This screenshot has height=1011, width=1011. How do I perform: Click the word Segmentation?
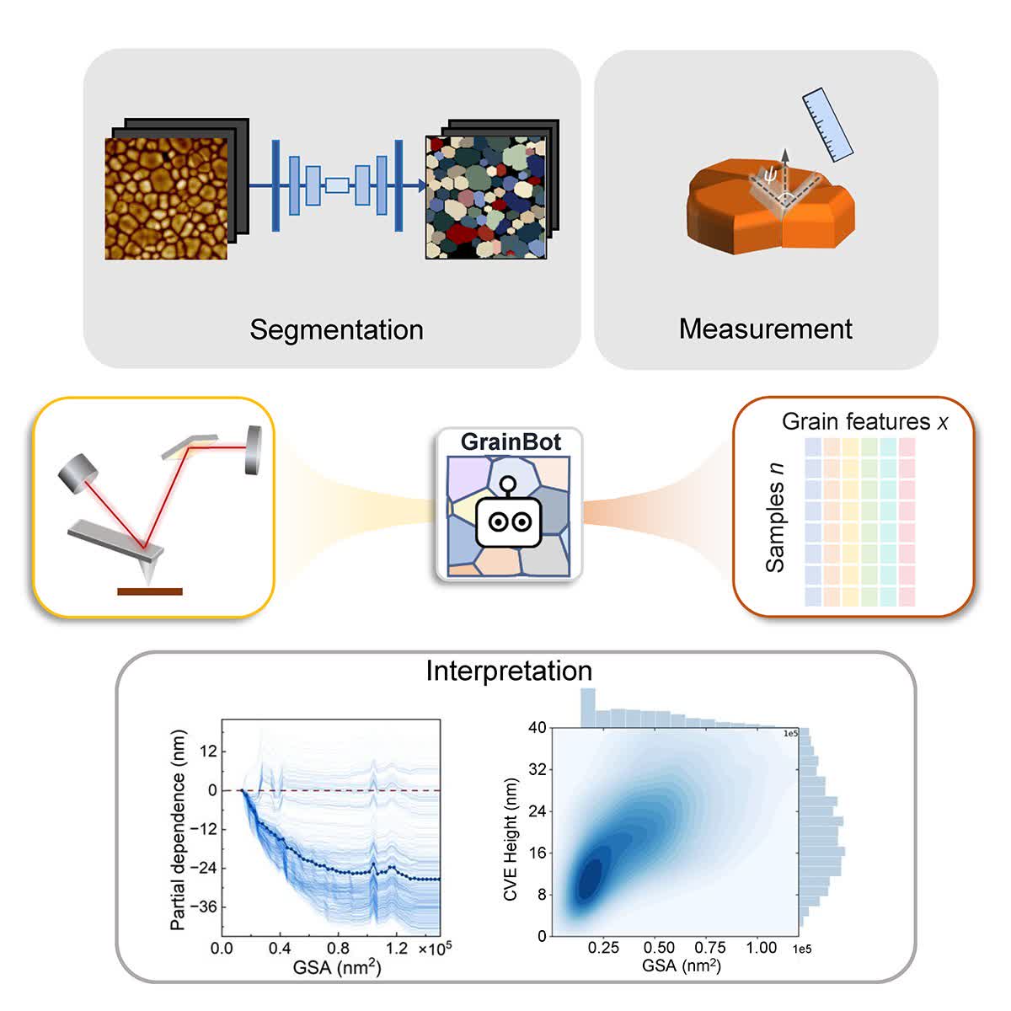pyautogui.click(x=336, y=329)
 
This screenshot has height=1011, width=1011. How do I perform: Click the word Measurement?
pyautogui.click(x=765, y=329)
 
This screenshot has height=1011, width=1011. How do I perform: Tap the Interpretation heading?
pyautogui.click(x=509, y=671)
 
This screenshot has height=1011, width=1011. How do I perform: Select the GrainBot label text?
pyautogui.click(x=511, y=441)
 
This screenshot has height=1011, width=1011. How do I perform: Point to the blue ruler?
pyautogui.click(x=828, y=125)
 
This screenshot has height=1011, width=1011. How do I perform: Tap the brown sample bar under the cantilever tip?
pyautogui.click(x=149, y=591)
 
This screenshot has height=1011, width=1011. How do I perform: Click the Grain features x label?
pyautogui.click(x=864, y=421)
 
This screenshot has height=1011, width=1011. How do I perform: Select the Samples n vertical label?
pyautogui.click(x=775, y=517)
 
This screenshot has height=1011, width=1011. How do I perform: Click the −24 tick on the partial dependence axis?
pyautogui.click(x=202, y=868)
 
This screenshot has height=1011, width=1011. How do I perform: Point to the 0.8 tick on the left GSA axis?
pyautogui.click(x=338, y=948)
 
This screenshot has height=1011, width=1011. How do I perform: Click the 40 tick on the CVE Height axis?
pyautogui.click(x=537, y=728)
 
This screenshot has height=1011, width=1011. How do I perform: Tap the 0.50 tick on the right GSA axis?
pyautogui.click(x=659, y=948)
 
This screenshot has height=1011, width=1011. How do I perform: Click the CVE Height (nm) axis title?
pyautogui.click(x=511, y=839)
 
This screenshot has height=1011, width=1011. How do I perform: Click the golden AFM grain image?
pyautogui.click(x=166, y=198)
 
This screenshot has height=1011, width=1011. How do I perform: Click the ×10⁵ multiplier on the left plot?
pyautogui.click(x=435, y=948)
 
